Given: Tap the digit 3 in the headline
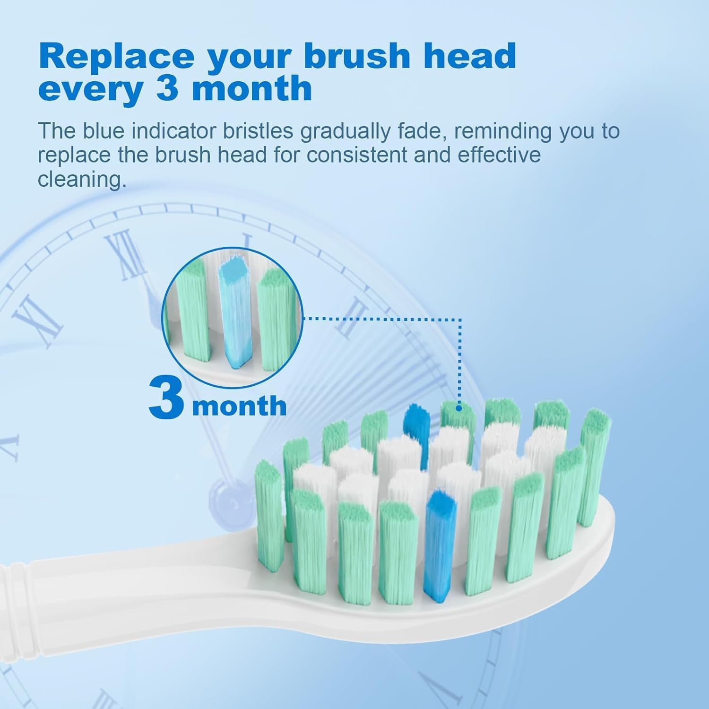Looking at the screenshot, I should [166, 88].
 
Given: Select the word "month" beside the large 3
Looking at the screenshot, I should [239, 406].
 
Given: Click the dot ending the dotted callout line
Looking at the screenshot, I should [458, 407].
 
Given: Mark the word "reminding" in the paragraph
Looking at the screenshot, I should [503, 131].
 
